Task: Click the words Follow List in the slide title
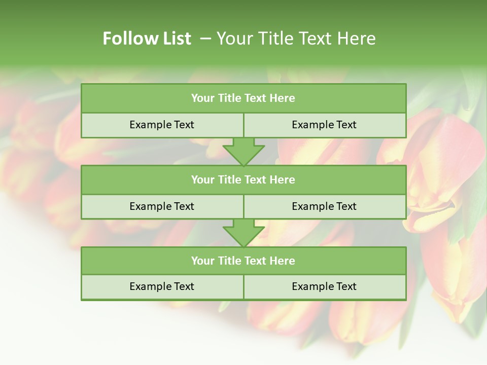pyautogui.click(x=147, y=39)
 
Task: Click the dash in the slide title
pyautogui.click(x=205, y=39)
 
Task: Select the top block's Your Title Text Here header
pyautogui.click(x=243, y=98)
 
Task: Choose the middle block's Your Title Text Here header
pyautogui.click(x=243, y=179)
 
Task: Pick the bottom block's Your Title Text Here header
pyautogui.click(x=243, y=261)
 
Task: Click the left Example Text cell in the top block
pyautogui.click(x=162, y=125)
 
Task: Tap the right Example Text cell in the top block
pyautogui.click(x=324, y=125)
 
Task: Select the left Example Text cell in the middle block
pyautogui.click(x=162, y=206)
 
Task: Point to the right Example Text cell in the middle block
pyautogui.click(x=324, y=206)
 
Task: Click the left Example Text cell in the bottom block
pyautogui.click(x=162, y=286)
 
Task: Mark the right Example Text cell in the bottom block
pyautogui.click(x=324, y=286)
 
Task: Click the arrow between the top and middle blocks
pyautogui.click(x=243, y=152)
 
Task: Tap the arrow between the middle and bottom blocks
pyautogui.click(x=243, y=233)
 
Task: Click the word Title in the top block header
pyautogui.click(x=229, y=98)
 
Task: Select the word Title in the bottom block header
pyautogui.click(x=229, y=261)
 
